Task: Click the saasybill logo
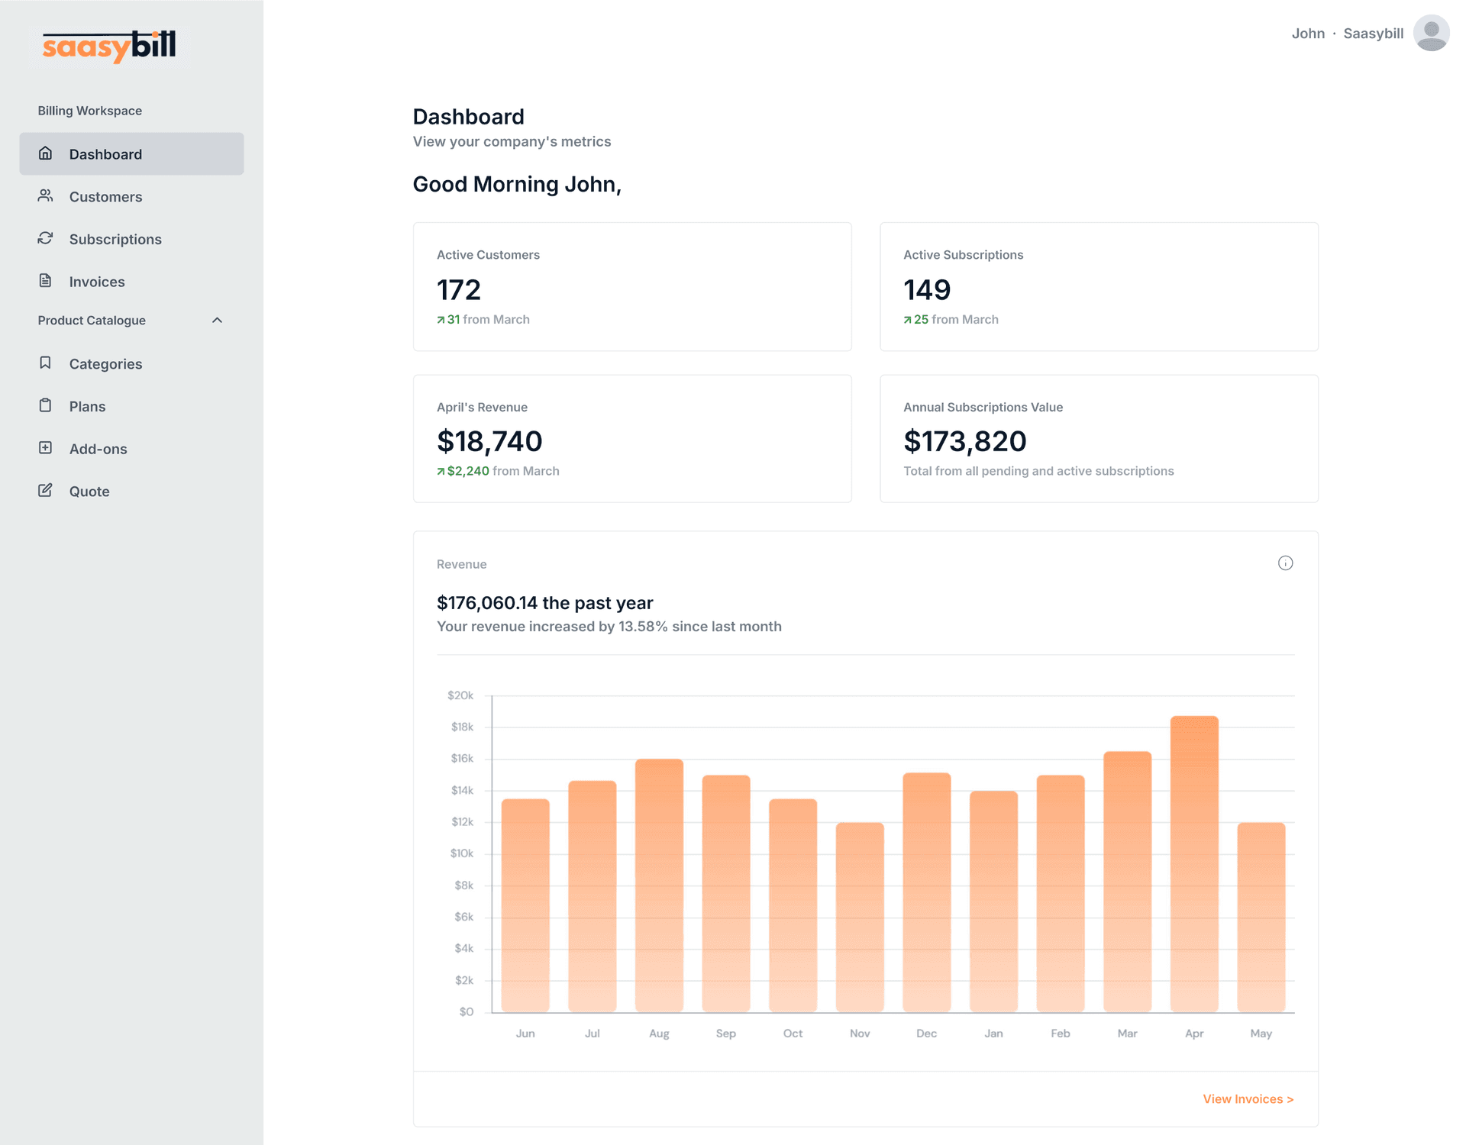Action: pos(109,47)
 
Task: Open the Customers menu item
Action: pos(105,197)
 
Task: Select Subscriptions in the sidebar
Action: pos(115,240)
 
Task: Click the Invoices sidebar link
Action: pos(96,282)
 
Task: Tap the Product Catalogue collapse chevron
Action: pos(217,321)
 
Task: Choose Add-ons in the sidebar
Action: pos(98,449)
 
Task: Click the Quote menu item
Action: pos(89,492)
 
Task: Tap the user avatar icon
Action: pos(1431,34)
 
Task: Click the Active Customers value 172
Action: pos(459,290)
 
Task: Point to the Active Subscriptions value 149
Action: pos(927,290)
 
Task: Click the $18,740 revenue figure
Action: pos(489,441)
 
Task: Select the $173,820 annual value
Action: pos(964,441)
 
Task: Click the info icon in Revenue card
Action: pos(1285,563)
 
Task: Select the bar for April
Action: pos(1194,863)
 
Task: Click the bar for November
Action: pos(860,916)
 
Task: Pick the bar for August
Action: pos(659,885)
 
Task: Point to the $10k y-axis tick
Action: pos(461,853)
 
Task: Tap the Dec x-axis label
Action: pos(926,1034)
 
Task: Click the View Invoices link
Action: pos(1248,1099)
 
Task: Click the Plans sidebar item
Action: pos(87,407)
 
